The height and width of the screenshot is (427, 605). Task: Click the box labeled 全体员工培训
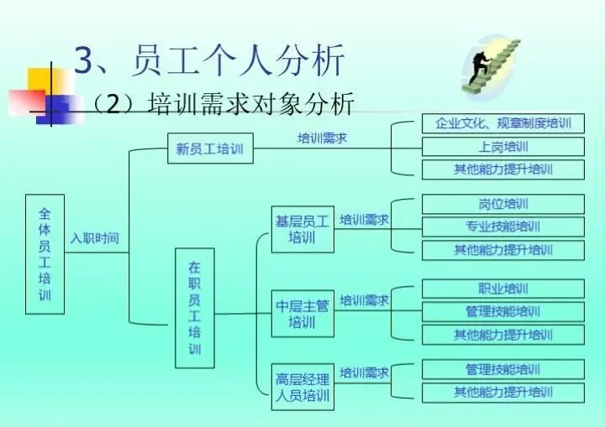coord(45,253)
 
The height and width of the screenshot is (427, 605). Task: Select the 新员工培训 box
coord(209,149)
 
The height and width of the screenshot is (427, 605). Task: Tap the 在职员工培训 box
coord(194,308)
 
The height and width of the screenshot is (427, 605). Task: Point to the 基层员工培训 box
coord(302,228)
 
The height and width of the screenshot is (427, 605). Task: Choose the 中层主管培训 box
coord(302,313)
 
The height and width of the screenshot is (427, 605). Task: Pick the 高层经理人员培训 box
coord(302,386)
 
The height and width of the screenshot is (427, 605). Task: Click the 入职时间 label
coord(94,238)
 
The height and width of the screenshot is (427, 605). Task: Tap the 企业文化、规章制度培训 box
coord(502,123)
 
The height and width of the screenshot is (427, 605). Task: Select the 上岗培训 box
coord(502,147)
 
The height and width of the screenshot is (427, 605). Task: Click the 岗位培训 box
coord(502,204)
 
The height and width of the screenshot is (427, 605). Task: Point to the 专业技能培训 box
coord(502,227)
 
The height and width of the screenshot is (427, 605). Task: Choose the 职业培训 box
coord(502,289)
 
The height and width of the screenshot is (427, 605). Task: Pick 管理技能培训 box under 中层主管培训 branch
coord(502,312)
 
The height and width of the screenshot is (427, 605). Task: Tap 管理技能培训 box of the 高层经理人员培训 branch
coord(502,369)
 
